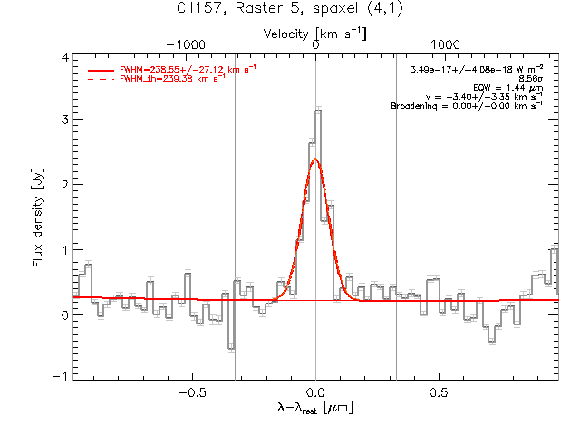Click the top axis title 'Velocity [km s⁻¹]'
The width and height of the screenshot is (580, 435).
[x=314, y=34]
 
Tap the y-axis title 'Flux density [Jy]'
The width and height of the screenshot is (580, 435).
[x=38, y=217]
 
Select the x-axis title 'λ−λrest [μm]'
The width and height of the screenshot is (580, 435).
[x=314, y=408]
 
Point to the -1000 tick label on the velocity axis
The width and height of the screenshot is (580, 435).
[x=186, y=44]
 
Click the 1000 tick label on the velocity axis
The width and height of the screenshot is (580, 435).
[x=445, y=44]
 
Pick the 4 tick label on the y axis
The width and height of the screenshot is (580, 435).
[x=65, y=58]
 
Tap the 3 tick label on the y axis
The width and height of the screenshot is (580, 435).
[x=65, y=120]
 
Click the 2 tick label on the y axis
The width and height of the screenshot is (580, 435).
[x=65, y=185]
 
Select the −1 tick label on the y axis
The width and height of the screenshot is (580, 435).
[x=61, y=376]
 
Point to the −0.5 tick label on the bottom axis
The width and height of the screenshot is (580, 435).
[x=192, y=392]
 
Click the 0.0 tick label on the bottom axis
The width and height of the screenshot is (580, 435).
[x=315, y=392]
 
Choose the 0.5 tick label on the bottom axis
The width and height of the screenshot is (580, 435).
[x=439, y=392]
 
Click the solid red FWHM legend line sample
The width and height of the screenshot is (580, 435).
[x=101, y=70]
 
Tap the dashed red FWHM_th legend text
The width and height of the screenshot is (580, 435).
[x=172, y=78]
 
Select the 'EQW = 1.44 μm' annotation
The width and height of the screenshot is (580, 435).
[x=507, y=88]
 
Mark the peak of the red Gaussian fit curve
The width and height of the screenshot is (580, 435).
[x=315, y=159]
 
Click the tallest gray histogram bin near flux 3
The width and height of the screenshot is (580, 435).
[x=318, y=111]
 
